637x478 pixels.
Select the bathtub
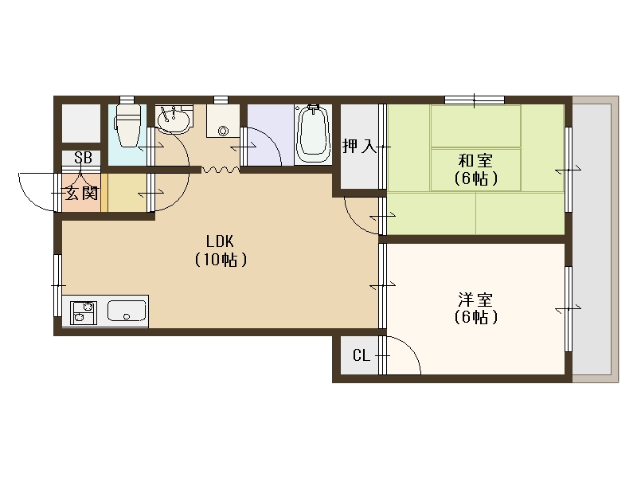coord(312,133)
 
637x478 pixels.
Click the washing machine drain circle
coord(223,131)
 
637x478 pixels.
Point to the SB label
coord(82,158)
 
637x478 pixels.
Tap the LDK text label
coord(219,241)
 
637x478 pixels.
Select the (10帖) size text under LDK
coord(219,260)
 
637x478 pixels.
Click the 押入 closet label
coord(358,146)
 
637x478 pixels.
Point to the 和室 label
coord(475,159)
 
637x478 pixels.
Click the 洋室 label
coord(475,300)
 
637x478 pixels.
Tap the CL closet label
coord(361,355)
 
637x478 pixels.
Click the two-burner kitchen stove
coord(84,311)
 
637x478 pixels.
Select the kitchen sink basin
coord(127,311)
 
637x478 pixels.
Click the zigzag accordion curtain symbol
coord(220,169)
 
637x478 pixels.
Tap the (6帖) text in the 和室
coord(475,178)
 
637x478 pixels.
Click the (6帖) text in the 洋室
coord(475,318)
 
